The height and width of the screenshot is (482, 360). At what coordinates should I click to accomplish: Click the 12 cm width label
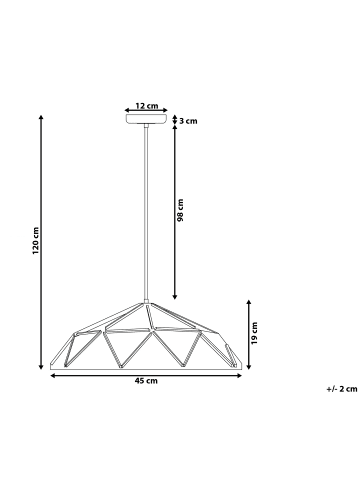point(147,104)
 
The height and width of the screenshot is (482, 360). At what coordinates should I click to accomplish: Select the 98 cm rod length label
point(181,210)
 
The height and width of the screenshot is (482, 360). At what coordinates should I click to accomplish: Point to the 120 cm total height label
point(35,240)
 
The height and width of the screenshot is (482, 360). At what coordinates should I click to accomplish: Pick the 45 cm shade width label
point(146,381)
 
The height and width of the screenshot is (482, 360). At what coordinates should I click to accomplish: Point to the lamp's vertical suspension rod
point(146,210)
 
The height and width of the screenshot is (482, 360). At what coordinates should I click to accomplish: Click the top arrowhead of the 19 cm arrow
point(246,299)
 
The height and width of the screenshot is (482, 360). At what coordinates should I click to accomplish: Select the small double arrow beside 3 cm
point(175,120)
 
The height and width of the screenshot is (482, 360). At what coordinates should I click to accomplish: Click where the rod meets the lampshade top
point(146,298)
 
